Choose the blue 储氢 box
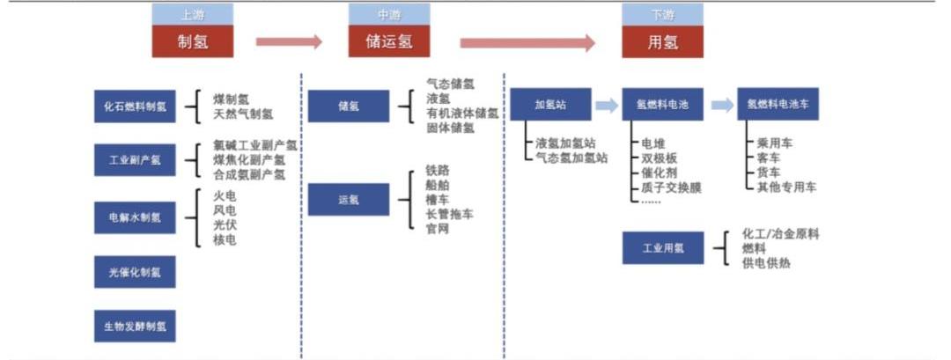pos(348,106)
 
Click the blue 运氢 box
pos(348,200)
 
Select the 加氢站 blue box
pos(550,105)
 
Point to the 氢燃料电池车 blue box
pos(778,105)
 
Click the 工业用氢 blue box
pos(662,248)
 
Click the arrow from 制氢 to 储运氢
pos(289,41)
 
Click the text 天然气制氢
pos(243,114)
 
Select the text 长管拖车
pos(450,214)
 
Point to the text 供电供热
pos(767,262)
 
